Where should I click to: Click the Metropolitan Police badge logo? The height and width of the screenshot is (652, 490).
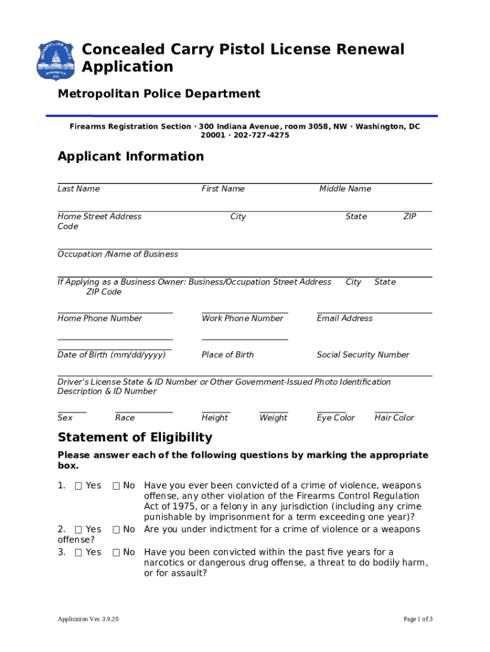(56, 61)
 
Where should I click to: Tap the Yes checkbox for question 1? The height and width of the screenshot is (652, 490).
(78, 486)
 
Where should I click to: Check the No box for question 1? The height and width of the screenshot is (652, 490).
(116, 486)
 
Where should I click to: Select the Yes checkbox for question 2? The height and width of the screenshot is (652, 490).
(78, 530)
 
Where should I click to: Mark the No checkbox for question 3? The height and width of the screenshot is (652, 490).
(116, 553)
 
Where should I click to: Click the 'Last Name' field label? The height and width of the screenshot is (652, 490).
(78, 189)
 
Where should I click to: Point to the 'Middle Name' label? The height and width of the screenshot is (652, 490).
(345, 189)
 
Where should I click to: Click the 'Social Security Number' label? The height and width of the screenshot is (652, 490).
(363, 355)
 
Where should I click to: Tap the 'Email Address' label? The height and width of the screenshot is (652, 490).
(344, 318)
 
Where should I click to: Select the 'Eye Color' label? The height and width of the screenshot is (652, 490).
(335, 418)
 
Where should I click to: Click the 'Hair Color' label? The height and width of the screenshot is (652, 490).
(394, 418)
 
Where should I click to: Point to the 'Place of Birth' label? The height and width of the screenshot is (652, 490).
(227, 355)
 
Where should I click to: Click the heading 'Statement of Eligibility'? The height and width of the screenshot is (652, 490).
(135, 437)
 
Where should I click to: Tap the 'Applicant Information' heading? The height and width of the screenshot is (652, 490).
(130, 157)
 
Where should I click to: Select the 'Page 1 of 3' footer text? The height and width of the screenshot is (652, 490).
(418, 620)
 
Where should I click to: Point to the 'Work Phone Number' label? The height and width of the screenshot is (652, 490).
(242, 318)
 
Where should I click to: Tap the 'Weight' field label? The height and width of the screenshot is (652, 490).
(273, 418)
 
